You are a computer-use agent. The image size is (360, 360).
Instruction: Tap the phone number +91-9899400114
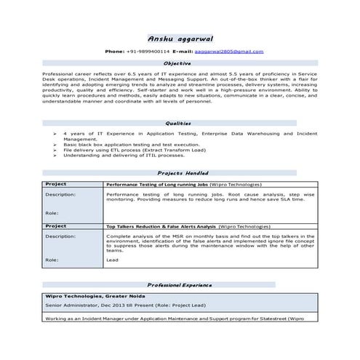tap(148, 52)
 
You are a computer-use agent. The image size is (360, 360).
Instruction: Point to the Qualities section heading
tap(179, 123)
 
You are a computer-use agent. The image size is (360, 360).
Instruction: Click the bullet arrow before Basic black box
tap(56, 145)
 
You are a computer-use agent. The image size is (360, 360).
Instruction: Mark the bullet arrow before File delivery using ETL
tap(56, 150)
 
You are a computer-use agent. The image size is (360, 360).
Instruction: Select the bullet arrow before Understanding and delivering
tap(56, 155)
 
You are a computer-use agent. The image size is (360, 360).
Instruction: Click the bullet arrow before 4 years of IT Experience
tap(56, 135)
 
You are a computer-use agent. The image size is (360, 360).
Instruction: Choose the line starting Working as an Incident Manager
tap(167, 319)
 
